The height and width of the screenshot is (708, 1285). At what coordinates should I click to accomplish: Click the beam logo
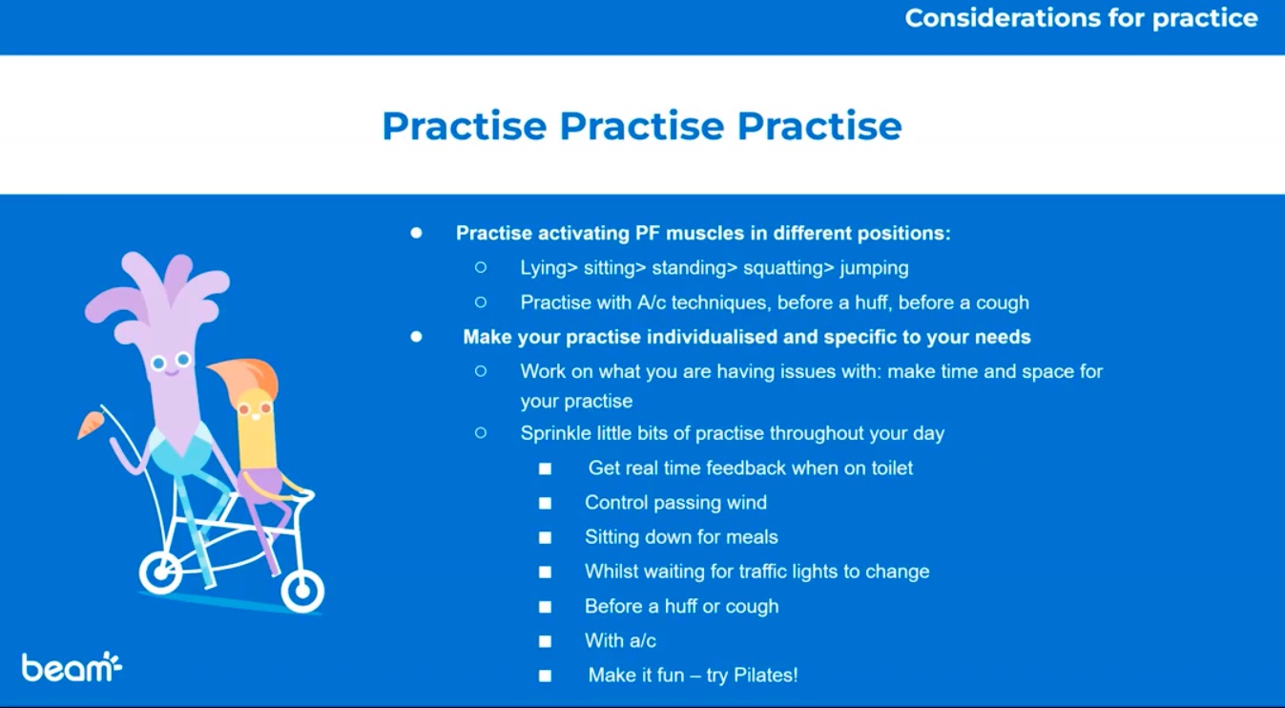(72, 667)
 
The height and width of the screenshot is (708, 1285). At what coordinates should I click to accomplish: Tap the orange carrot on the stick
(91, 426)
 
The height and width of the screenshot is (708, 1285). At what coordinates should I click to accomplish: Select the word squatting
(789, 268)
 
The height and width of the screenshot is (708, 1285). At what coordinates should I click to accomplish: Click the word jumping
(874, 268)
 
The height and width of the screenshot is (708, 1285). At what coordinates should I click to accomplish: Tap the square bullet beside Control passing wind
(545, 503)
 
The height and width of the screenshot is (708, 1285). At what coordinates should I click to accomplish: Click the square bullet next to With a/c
(545, 641)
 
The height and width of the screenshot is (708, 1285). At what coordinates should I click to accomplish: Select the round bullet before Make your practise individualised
(417, 337)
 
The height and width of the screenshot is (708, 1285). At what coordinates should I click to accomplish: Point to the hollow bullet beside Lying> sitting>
(481, 267)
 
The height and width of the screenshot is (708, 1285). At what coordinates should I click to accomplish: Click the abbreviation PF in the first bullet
(647, 233)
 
